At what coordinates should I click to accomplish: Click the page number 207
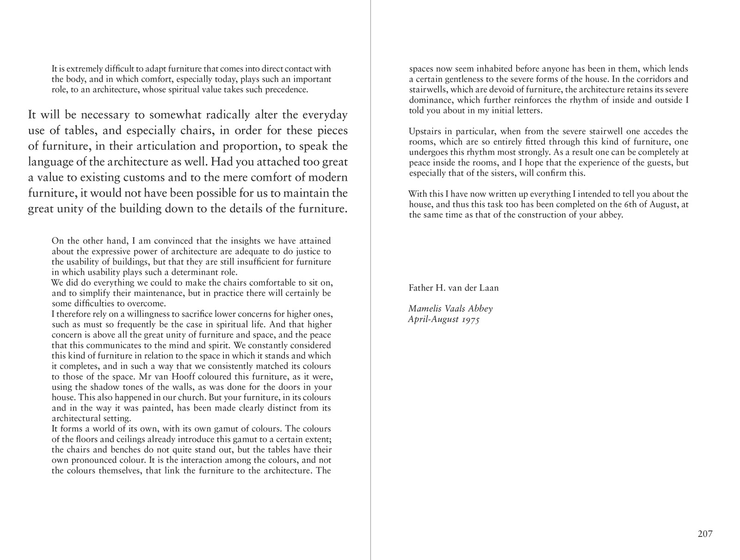click(x=705, y=534)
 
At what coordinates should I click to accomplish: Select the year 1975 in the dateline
click(x=470, y=320)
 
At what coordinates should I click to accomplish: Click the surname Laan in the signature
click(x=489, y=288)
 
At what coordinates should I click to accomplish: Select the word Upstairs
click(x=425, y=132)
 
